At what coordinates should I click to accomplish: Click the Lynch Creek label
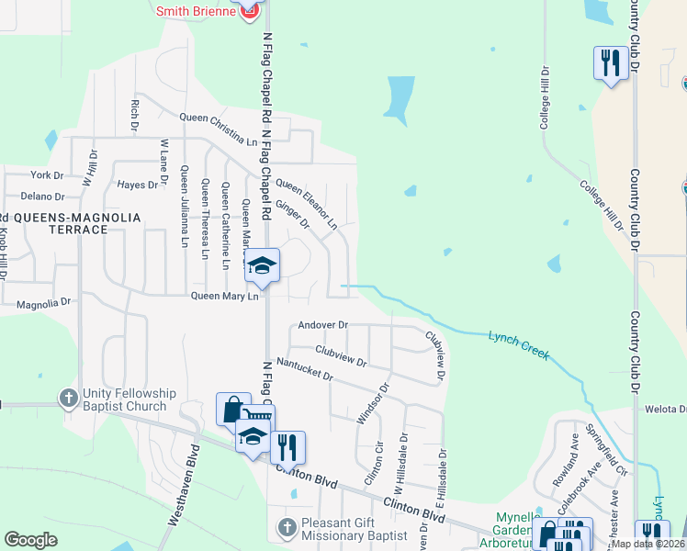click(518, 344)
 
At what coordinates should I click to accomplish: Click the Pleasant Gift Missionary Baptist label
click(353, 530)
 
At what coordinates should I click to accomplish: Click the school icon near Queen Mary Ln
click(262, 266)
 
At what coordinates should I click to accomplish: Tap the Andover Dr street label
click(322, 325)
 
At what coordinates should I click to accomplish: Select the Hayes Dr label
click(138, 185)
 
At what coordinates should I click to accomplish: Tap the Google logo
click(30, 540)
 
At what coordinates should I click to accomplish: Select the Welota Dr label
click(666, 410)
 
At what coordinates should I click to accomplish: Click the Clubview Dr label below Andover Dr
click(341, 355)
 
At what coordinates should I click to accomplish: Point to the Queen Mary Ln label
click(224, 296)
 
